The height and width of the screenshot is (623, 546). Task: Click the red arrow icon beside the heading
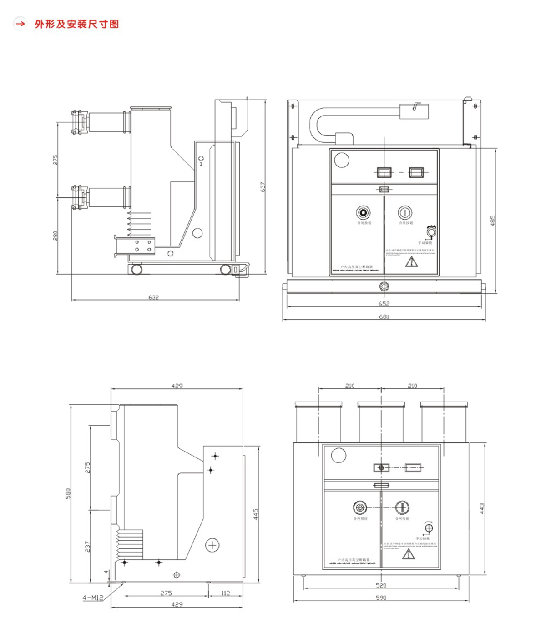(x=20, y=23)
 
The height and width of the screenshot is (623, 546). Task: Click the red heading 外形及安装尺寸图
(x=77, y=24)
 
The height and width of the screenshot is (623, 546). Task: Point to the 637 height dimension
(x=263, y=187)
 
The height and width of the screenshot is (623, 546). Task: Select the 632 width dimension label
(x=154, y=297)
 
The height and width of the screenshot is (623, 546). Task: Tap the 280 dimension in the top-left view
(x=56, y=236)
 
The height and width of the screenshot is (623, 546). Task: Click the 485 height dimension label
(x=493, y=221)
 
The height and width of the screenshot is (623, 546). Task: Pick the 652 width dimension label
(x=384, y=304)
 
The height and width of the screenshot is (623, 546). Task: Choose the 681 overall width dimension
(x=384, y=317)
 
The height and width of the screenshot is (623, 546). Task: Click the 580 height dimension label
(x=68, y=493)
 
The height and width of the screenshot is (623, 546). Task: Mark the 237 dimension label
(x=88, y=547)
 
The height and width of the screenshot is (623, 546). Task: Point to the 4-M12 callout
(x=93, y=598)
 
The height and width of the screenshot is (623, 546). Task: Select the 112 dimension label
(x=225, y=593)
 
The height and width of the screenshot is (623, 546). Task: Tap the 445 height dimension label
(x=256, y=514)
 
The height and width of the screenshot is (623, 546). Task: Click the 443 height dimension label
(x=482, y=508)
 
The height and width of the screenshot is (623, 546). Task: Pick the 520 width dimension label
(x=381, y=585)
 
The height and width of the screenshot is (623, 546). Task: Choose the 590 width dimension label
(x=381, y=598)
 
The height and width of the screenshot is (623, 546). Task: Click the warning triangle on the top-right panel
(x=411, y=261)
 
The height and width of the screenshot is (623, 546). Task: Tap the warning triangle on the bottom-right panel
(x=408, y=554)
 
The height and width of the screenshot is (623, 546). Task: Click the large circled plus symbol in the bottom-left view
(x=212, y=545)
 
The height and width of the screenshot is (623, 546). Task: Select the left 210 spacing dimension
(x=349, y=386)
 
